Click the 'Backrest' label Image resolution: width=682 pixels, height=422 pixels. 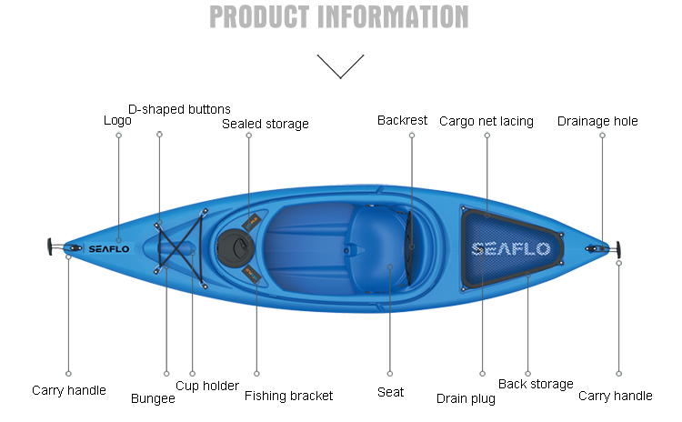pyautogui.click(x=402, y=120)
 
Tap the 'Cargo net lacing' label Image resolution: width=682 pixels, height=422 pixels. pyautogui.click(x=486, y=121)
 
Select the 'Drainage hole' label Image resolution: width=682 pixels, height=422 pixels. pyautogui.click(x=597, y=121)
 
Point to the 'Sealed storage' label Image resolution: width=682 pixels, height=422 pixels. pyautogui.click(x=266, y=124)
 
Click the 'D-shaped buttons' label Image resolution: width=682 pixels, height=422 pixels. pyautogui.click(x=179, y=109)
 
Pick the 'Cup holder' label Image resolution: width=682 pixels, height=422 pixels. pyautogui.click(x=207, y=386)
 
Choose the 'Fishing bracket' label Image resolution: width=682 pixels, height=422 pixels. pyautogui.click(x=288, y=396)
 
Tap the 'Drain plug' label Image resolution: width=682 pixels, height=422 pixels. pyautogui.click(x=466, y=398)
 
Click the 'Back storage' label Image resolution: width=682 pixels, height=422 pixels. pyautogui.click(x=536, y=384)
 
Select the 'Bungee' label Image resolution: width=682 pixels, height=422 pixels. pyautogui.click(x=153, y=397)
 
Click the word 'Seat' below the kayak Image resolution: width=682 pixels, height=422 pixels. pyautogui.click(x=390, y=392)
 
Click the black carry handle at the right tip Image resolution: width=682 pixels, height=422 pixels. pyautogui.click(x=617, y=247)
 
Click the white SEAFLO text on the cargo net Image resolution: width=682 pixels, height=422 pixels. pyautogui.click(x=510, y=248)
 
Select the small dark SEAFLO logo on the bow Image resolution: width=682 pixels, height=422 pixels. pyautogui.click(x=109, y=248)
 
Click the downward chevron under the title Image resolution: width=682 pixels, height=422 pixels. pyautogui.click(x=340, y=66)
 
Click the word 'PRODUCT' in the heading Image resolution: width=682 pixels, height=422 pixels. pyautogui.click(x=256, y=16)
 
